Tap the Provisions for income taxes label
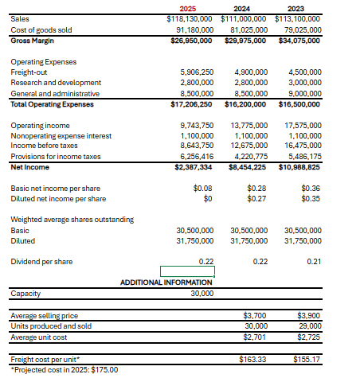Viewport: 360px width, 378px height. tap(55, 157)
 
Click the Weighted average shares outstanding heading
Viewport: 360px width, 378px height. tap(72, 220)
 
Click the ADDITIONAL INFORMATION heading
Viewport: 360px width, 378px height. tap(166, 283)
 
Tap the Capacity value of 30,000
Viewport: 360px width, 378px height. tap(202, 294)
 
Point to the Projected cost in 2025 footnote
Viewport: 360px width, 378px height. tap(65, 369)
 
